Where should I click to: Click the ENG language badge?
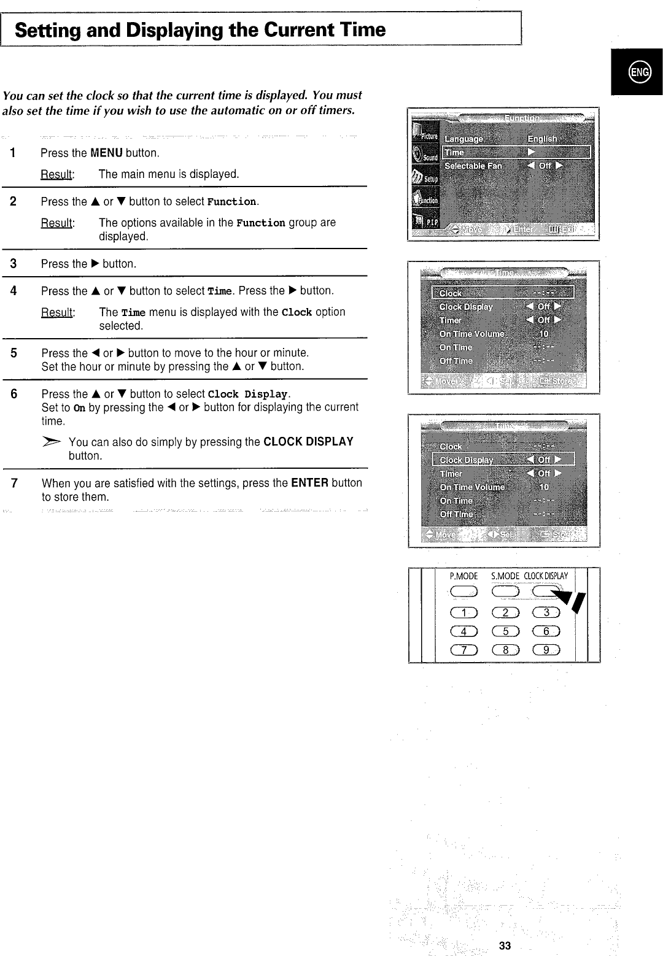639,72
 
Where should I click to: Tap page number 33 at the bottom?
505,946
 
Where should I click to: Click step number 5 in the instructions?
14,353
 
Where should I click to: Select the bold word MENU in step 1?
106,153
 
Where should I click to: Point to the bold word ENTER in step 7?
309,483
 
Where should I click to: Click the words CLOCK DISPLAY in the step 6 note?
308,442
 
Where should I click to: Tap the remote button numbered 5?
506,631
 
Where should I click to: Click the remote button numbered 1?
464,612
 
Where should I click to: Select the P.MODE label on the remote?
463,576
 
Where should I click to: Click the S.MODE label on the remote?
505,576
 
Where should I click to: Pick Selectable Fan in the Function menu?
473,166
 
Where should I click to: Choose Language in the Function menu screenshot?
463,139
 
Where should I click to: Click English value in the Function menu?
542,139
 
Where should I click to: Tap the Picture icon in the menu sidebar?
425,135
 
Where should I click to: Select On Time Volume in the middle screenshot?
471,334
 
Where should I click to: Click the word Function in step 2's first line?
231,202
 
